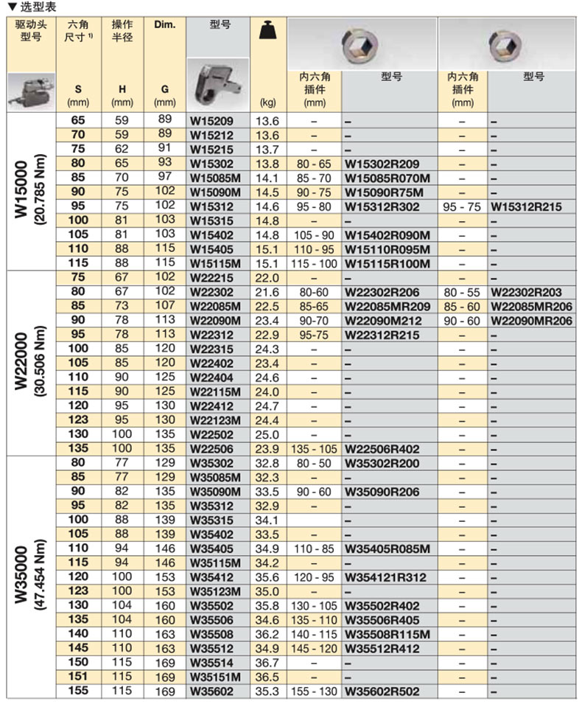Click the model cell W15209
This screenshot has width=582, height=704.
pos(208,121)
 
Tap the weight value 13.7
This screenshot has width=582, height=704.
pos(266,149)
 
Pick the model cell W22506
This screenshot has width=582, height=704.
pos(208,448)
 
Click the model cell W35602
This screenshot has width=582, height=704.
pos(208,691)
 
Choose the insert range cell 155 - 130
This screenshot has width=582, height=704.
pos(315,691)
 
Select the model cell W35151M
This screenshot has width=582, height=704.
pos(213,677)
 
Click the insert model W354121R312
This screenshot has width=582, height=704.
pos(385,576)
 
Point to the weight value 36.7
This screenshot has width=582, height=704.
pos(266,663)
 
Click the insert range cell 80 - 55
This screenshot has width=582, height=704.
pos(462,293)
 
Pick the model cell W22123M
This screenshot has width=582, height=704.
pos(213,420)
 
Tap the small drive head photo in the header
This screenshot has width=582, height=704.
pos(29,89)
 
